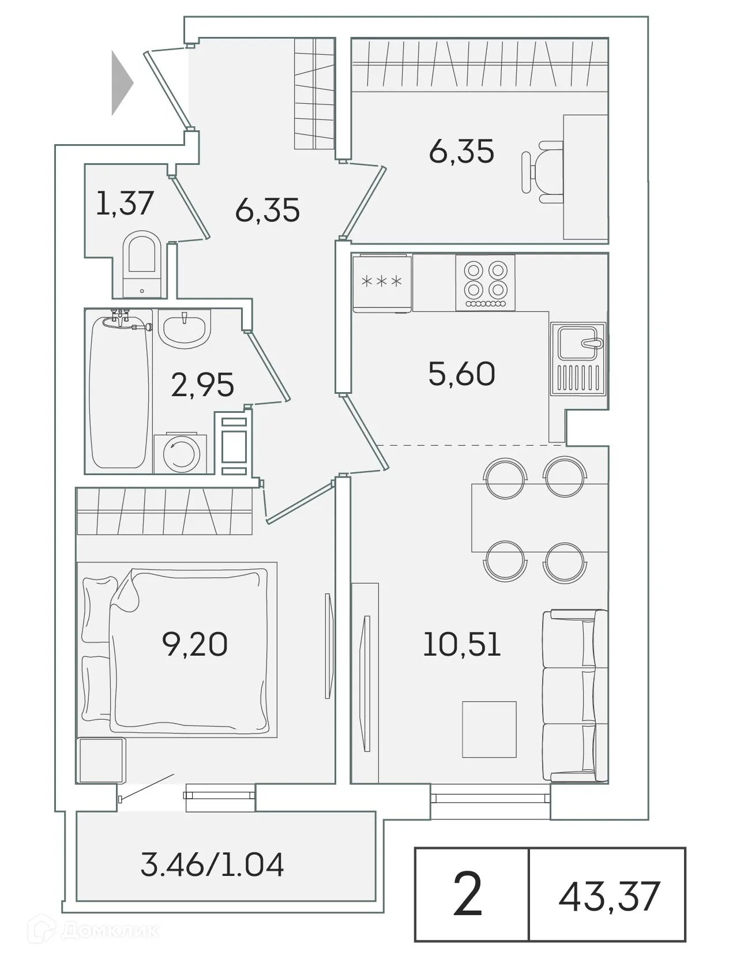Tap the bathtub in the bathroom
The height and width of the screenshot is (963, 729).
pyautogui.click(x=119, y=392)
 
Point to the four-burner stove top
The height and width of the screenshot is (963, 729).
pyautogui.click(x=485, y=283)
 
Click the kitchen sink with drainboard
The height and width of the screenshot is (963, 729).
pyautogui.click(x=578, y=359)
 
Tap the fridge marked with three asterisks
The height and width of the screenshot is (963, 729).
pyautogui.click(x=382, y=283)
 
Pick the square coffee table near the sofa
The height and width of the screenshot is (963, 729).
pyautogui.click(x=489, y=729)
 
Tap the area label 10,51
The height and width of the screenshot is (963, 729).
pyautogui.click(x=461, y=644)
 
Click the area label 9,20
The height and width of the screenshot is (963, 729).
pyautogui.click(x=195, y=644)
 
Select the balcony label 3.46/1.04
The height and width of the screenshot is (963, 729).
pyautogui.click(x=212, y=865)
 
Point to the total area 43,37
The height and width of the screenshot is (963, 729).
pyautogui.click(x=608, y=896)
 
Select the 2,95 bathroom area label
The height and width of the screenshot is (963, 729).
pyautogui.click(x=202, y=385)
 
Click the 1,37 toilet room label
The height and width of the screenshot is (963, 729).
pyautogui.click(x=125, y=203)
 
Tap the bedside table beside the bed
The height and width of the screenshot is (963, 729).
pyautogui.click(x=101, y=759)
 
